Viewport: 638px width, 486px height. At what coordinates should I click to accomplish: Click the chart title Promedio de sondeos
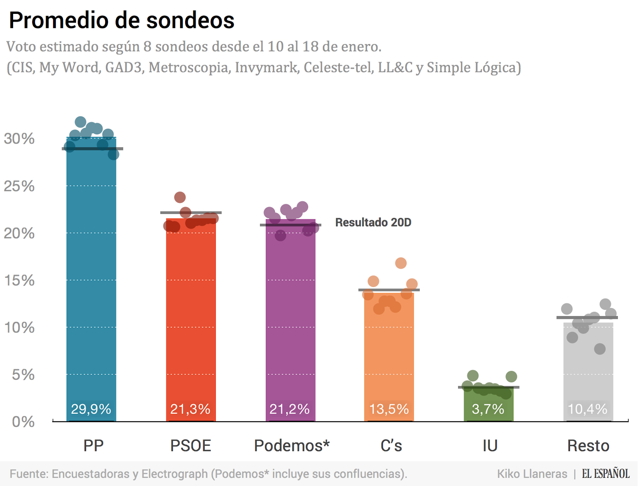pos(122,20)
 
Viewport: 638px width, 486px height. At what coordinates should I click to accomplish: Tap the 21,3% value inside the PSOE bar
pos(190,409)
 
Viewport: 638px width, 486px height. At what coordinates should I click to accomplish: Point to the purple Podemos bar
pos(291,318)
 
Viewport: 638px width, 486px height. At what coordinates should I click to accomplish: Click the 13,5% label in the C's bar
pos(389,409)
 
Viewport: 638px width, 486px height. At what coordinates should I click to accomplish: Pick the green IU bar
pos(488,404)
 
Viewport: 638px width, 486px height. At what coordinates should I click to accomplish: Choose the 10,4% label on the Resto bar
pos(588,409)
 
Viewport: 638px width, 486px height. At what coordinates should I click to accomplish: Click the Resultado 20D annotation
pos(373,222)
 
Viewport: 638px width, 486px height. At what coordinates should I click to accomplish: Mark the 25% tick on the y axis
pos(19,186)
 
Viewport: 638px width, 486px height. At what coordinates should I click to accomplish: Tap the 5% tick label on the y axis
pos(23,375)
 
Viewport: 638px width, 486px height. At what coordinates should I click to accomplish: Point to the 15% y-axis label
pos(19,280)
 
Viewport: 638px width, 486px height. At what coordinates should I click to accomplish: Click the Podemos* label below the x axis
pos(292,446)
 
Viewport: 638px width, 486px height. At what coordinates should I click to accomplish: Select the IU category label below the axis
pos(490,446)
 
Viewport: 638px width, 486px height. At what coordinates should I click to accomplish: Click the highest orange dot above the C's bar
pos(401,263)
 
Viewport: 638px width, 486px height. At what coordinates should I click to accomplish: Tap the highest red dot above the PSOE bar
pos(180,197)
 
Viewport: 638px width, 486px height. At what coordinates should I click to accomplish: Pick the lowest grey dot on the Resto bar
pos(600,349)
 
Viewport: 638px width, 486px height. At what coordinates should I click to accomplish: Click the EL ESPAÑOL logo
pos(605,474)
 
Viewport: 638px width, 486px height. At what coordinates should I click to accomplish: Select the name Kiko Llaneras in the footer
pos(532,474)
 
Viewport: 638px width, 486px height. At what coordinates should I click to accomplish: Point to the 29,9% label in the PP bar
pos(91,409)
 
